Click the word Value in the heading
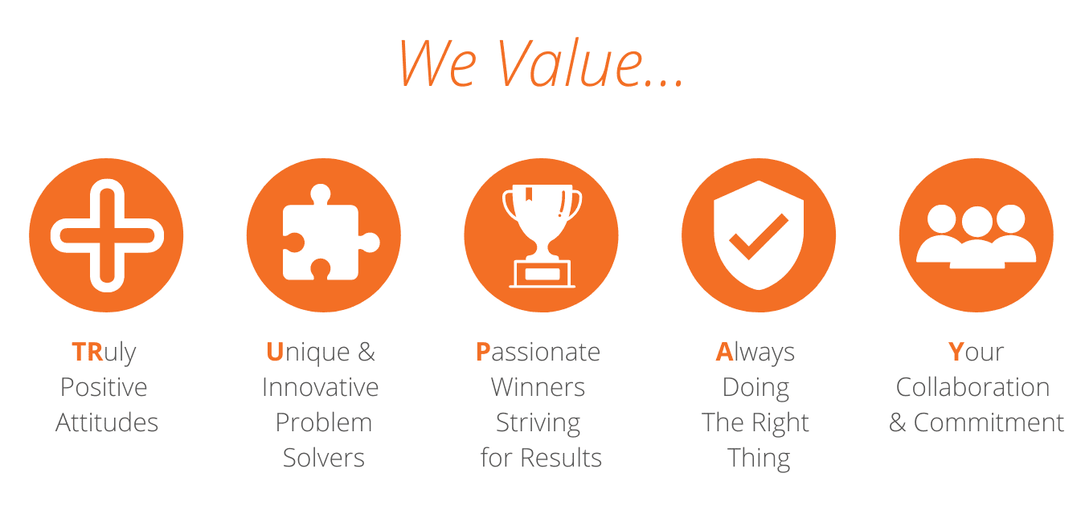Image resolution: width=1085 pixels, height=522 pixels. pos(591,63)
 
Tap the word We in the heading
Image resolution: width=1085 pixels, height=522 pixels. pos(438,63)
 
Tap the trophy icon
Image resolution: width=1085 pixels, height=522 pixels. pos(542,235)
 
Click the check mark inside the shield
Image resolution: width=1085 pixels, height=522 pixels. pos(759,236)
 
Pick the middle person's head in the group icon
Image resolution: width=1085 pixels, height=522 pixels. pos(977,222)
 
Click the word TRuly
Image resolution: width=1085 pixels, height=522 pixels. pos(104,353)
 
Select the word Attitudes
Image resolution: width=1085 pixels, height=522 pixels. pos(107,422)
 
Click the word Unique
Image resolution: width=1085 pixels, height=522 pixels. pos(308,353)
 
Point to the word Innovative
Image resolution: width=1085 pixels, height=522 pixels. pos(320,387)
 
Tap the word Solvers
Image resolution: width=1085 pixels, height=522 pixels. pos(324,458)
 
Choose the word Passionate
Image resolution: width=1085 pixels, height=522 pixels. pos(538,352)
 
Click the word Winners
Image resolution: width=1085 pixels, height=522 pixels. pos(538,387)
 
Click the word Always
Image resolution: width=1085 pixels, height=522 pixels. pos(755,353)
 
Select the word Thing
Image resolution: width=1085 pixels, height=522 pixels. pos(759,459)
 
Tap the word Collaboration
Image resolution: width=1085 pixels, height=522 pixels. pos(972,387)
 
